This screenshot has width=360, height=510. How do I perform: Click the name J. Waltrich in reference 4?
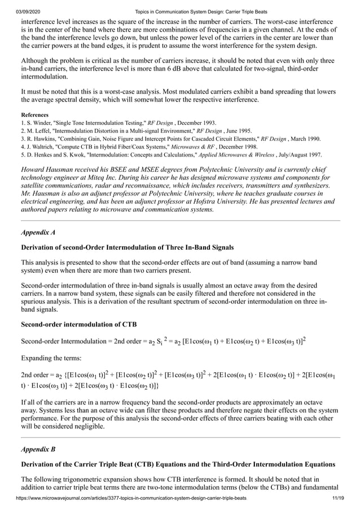pyautogui.click(x=41, y=146)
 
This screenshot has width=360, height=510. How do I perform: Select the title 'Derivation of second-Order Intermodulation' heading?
pyautogui.click(x=127, y=247)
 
